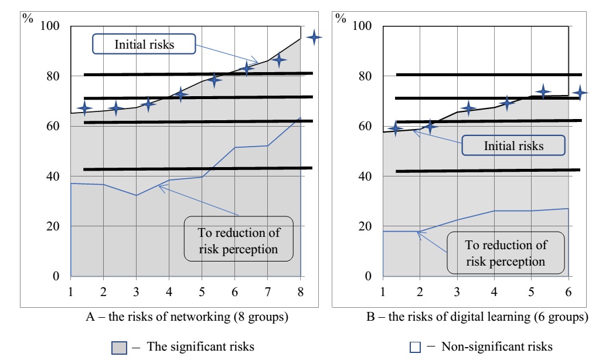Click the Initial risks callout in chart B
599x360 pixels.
(x=513, y=145)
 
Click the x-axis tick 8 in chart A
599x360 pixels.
(x=301, y=290)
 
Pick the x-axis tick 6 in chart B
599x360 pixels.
(x=568, y=290)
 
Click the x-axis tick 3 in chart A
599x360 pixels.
(x=136, y=290)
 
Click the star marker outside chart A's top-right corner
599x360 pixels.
(x=315, y=38)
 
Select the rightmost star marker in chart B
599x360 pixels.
(x=580, y=92)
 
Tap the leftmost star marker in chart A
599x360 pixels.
(x=84, y=108)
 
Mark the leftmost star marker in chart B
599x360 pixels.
(x=397, y=130)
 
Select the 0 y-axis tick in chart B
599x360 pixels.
(x=368, y=276)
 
